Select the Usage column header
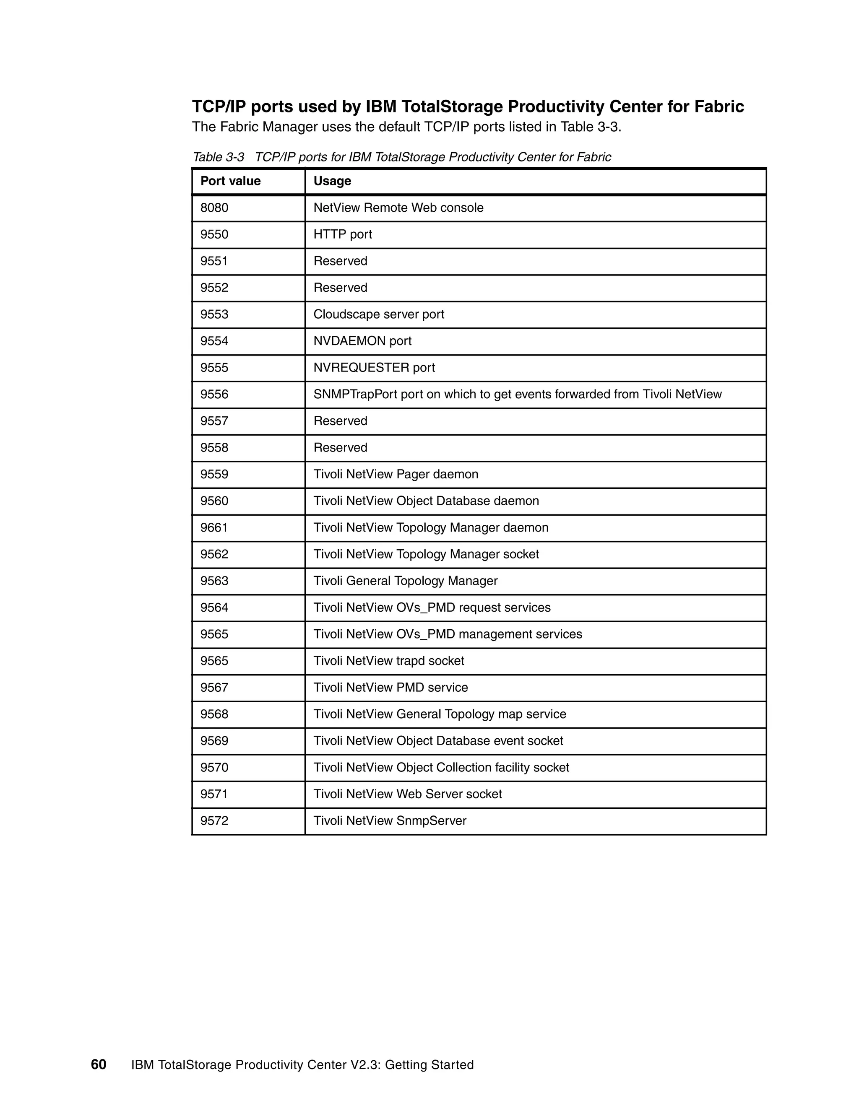coord(332,181)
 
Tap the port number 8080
coord(214,208)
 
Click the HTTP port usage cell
coord(343,234)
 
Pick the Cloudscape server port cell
coord(379,314)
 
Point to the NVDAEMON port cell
coord(362,341)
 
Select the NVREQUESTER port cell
coord(374,368)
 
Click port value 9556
coord(214,394)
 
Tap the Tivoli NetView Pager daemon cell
coord(396,474)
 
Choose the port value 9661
coord(214,527)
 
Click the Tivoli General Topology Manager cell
coord(405,581)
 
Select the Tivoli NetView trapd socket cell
coord(389,661)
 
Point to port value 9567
coord(214,687)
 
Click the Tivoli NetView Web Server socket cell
coord(408,794)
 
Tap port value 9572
coord(214,820)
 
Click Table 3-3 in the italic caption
coord(218,157)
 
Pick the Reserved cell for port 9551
coord(340,261)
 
